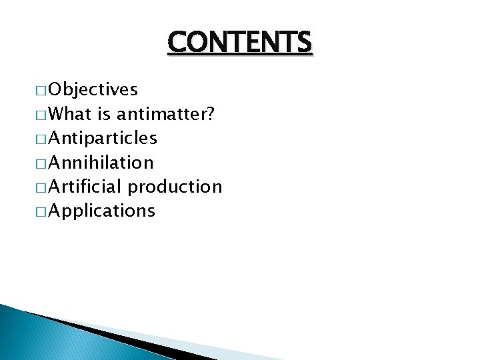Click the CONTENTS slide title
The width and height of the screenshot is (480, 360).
pyautogui.click(x=239, y=42)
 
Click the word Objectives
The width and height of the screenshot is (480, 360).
pyautogui.click(x=93, y=89)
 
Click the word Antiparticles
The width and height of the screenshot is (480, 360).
pyautogui.click(x=103, y=139)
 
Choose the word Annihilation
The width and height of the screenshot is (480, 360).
pyautogui.click(x=101, y=163)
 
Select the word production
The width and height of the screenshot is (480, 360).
pyautogui.click(x=175, y=187)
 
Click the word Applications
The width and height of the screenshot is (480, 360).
pyautogui.click(x=101, y=211)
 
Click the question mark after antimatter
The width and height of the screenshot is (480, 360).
pyautogui.click(x=210, y=114)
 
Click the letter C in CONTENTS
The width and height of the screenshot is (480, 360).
pyautogui.click(x=177, y=42)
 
